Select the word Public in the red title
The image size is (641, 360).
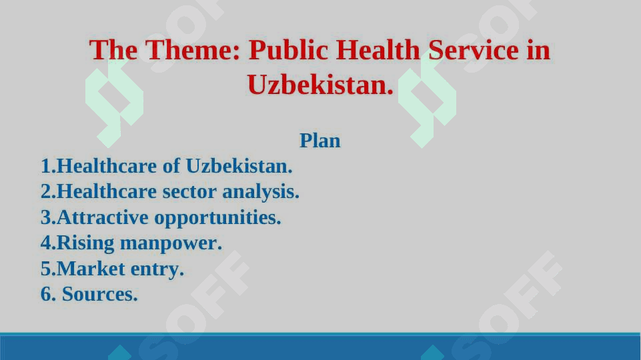point(288,51)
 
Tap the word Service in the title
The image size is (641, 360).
point(474,50)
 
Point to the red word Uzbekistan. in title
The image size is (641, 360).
point(320,85)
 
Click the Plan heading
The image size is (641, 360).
point(319,141)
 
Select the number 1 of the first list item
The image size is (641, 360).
point(46,166)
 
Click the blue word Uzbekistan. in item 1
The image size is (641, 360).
point(239,166)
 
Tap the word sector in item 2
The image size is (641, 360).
point(189,191)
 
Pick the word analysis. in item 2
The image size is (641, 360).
point(261,192)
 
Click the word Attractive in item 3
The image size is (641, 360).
point(103,217)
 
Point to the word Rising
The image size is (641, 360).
point(85,243)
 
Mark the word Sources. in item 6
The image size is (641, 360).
point(100,294)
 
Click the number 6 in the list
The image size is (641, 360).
point(46,294)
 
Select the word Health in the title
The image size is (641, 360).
point(378,50)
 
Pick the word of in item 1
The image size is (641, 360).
point(171,166)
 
